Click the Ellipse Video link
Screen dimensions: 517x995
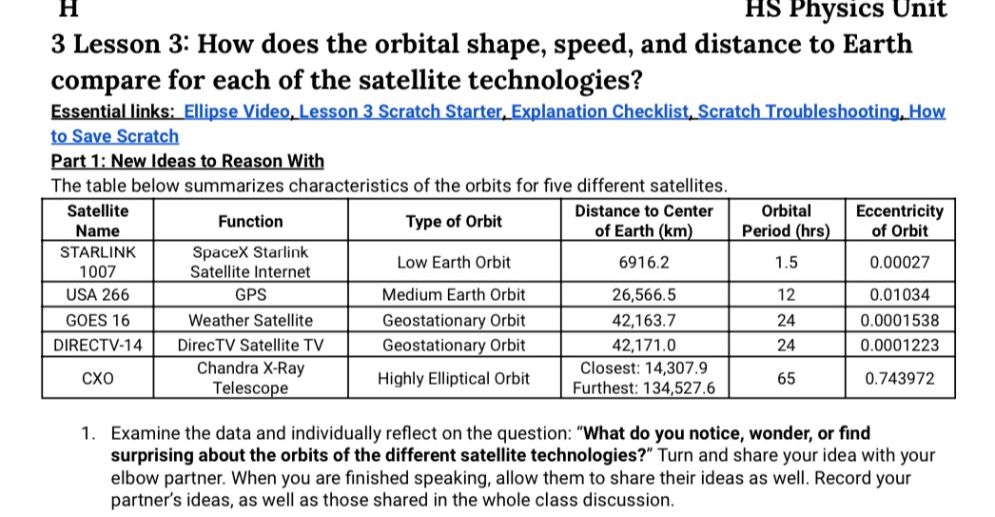tap(238, 111)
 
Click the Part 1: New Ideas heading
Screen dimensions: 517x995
tap(186, 160)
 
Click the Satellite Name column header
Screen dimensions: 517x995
tap(98, 221)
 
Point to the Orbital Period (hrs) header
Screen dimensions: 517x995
tap(787, 221)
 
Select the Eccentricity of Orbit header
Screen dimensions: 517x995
tap(899, 221)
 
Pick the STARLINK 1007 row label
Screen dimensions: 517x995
tap(98, 262)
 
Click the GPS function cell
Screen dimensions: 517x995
tap(250, 295)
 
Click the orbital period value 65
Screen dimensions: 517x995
tap(786, 378)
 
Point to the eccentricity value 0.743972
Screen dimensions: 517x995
tap(899, 378)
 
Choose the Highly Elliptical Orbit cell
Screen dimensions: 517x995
tap(454, 378)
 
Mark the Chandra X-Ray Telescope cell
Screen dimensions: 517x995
tap(250, 378)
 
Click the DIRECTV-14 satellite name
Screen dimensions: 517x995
tap(98, 345)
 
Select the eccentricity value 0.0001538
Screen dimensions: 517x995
tap(899, 320)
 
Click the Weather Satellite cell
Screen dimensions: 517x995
tap(250, 320)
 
